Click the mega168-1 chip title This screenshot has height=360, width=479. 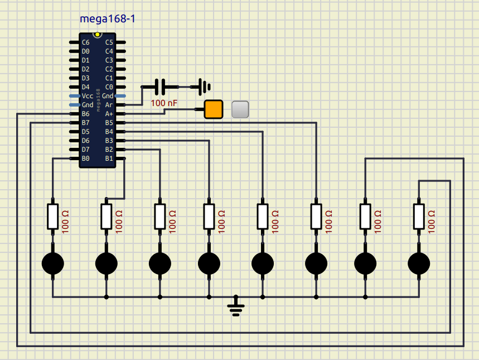pos(108,19)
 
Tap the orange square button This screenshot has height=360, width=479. pos(213,109)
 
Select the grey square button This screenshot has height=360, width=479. pos(240,109)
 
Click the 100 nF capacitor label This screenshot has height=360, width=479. pos(164,103)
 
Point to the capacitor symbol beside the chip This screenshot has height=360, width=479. pos(160,87)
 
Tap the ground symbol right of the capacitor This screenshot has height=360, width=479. pos(205,87)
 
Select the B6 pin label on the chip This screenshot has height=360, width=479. pos(85,113)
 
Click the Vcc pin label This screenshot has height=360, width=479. pos(87,95)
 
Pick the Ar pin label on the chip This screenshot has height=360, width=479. pos(109,104)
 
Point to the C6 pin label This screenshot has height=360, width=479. pos(85,42)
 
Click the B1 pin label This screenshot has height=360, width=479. pos(109,158)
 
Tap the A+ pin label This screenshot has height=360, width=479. pos(109,113)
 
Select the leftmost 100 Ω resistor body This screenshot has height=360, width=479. pos(53,217)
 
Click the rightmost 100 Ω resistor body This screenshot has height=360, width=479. pos(419,217)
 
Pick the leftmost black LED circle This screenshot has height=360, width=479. pos(53,263)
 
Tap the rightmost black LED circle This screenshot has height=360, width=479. pos(419,263)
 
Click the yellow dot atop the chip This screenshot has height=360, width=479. pos(98,35)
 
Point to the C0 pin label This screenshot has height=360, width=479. pos(109,87)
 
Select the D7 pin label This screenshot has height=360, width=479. pos(85,149)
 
